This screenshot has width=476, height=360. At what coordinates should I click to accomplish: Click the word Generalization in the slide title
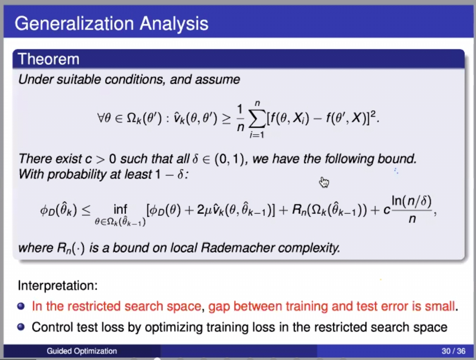click(74, 23)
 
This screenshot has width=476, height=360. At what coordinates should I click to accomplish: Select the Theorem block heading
click(49, 59)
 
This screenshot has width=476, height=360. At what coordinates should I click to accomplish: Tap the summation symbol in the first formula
click(258, 119)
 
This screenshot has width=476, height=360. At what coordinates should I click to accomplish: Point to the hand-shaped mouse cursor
click(324, 182)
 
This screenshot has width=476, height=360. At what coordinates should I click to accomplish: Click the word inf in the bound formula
click(120, 209)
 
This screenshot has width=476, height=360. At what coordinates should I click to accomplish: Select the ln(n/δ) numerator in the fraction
click(411, 202)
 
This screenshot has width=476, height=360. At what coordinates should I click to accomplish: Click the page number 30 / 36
click(454, 351)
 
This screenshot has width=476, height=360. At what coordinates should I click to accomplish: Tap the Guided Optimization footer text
click(82, 351)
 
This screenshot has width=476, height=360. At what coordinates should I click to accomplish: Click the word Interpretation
click(58, 285)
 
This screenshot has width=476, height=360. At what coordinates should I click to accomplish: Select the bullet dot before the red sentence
click(21, 306)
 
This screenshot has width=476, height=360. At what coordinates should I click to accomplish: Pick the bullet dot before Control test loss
click(21, 327)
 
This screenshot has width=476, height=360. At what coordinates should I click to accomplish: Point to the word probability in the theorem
click(77, 174)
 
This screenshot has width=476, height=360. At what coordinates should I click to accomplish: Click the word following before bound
click(349, 159)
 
